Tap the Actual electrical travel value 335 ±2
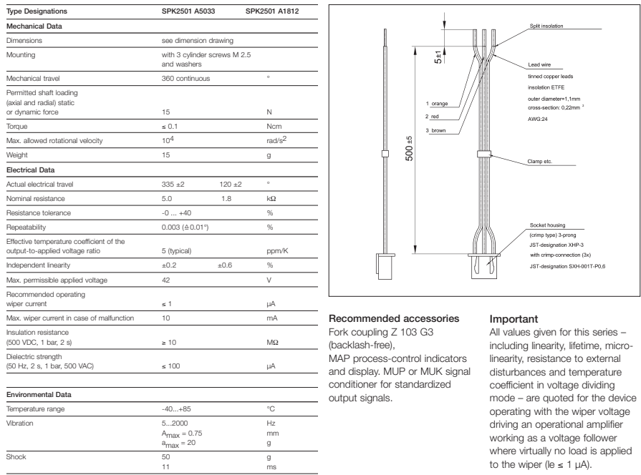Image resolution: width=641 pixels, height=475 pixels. (x=174, y=182)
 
